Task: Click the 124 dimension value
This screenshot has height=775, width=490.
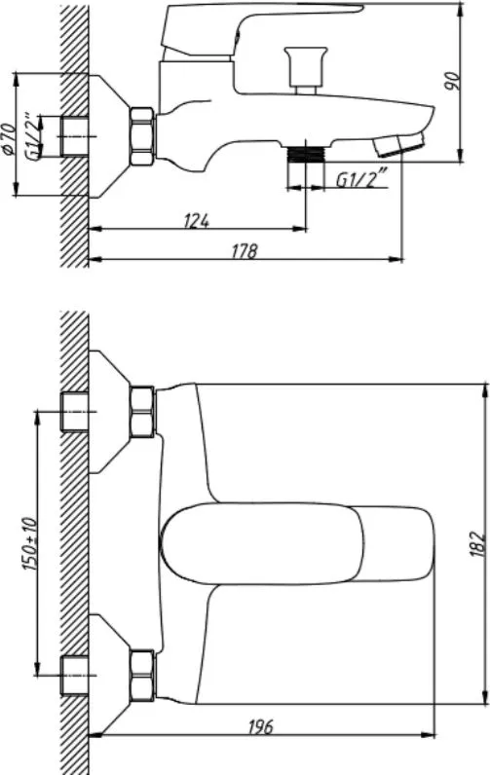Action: (197, 220)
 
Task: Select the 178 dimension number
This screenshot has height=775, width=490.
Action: (245, 251)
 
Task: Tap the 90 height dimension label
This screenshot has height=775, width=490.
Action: (451, 81)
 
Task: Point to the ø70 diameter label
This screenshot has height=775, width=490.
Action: (9, 139)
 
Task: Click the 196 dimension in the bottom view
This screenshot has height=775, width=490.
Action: (259, 726)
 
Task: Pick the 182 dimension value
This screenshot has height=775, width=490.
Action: (476, 543)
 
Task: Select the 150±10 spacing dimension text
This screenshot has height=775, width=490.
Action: (29, 543)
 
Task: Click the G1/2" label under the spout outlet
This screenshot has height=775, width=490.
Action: (361, 179)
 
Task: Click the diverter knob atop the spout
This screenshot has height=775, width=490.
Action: (306, 70)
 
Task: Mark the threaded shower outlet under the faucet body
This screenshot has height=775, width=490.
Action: (306, 154)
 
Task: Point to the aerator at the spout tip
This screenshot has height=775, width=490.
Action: (399, 144)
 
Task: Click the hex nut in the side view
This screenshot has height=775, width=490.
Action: (142, 136)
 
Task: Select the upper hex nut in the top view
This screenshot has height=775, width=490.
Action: (142, 412)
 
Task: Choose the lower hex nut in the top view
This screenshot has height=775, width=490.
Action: (142, 675)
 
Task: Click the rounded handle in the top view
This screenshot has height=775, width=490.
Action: (297, 543)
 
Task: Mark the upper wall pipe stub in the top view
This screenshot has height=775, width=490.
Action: (75, 411)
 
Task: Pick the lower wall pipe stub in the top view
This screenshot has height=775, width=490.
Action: (75, 675)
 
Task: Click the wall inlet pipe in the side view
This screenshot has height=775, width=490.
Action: (75, 136)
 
